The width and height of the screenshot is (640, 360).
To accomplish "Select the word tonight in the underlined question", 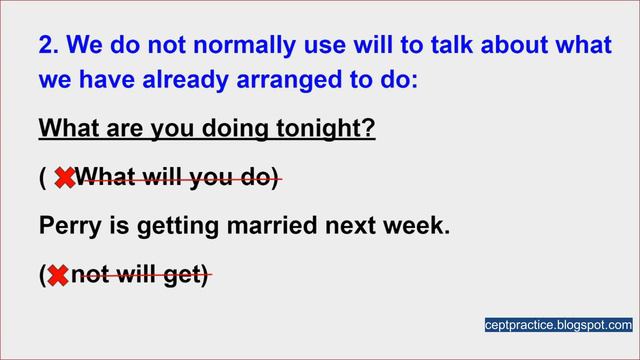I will tap(325, 131).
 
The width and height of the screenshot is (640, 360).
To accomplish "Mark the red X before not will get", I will tap(58, 275).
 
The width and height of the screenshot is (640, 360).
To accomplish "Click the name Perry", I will tap(66, 227).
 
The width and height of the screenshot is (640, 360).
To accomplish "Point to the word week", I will tap(419, 227).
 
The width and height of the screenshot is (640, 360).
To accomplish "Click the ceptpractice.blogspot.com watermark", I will tap(558, 325).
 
